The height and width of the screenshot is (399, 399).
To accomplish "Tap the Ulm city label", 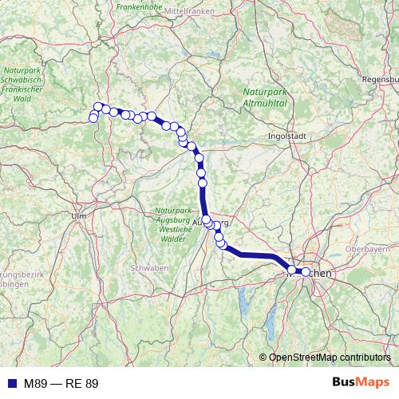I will [78, 215].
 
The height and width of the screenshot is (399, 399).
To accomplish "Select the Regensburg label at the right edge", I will [379, 81].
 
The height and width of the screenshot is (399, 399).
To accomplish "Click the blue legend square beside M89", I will [10, 384].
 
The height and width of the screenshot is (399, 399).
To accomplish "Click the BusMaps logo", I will [361, 383].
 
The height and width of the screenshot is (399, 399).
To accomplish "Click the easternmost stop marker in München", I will [305, 272].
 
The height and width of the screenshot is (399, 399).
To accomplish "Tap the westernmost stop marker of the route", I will [93, 118].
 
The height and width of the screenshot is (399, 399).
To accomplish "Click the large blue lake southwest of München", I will [242, 303].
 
